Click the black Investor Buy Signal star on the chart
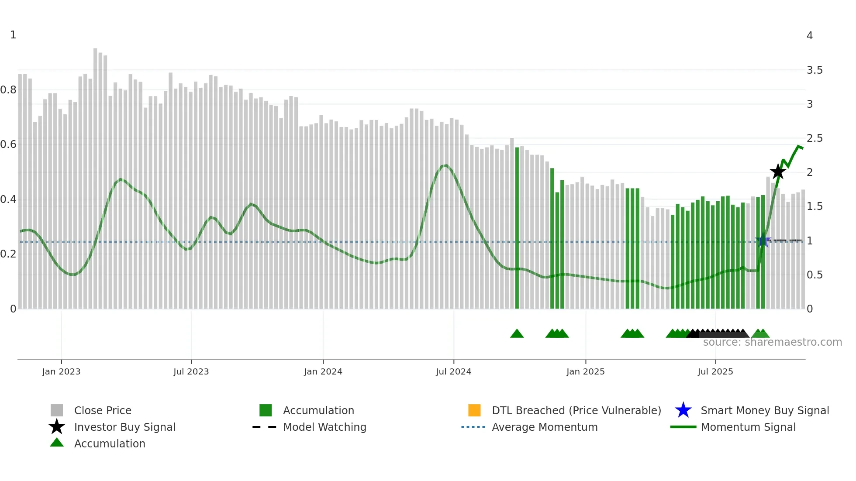click(778, 172)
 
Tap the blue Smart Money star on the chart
click(763, 240)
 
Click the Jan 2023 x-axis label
click(61, 371)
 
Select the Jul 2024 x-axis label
click(453, 371)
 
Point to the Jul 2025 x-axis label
click(715, 371)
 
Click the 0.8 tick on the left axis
click(9, 90)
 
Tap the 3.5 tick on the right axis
click(814, 70)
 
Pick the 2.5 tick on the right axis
click(814, 138)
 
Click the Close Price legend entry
click(102, 410)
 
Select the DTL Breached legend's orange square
click(474, 410)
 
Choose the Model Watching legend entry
click(324, 427)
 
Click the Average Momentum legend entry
click(544, 427)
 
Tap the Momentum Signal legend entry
click(748, 427)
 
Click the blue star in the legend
click(683, 410)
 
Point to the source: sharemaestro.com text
click(772, 342)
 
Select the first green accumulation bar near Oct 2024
click(517, 227)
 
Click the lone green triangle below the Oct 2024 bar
click(517, 334)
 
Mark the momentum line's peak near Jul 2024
click(445, 165)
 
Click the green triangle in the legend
click(57, 443)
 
